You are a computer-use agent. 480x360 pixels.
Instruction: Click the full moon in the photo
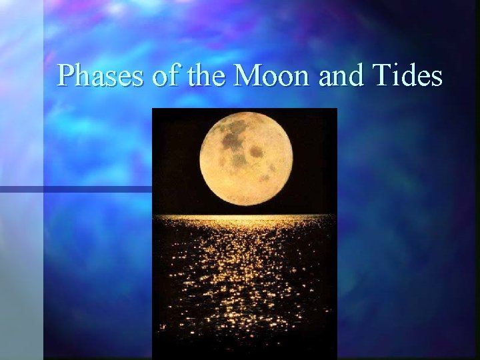pos(246,159)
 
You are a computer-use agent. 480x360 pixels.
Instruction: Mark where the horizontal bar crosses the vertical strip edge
pos(44,189)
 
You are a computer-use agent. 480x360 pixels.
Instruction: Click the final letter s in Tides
pos(436,77)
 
